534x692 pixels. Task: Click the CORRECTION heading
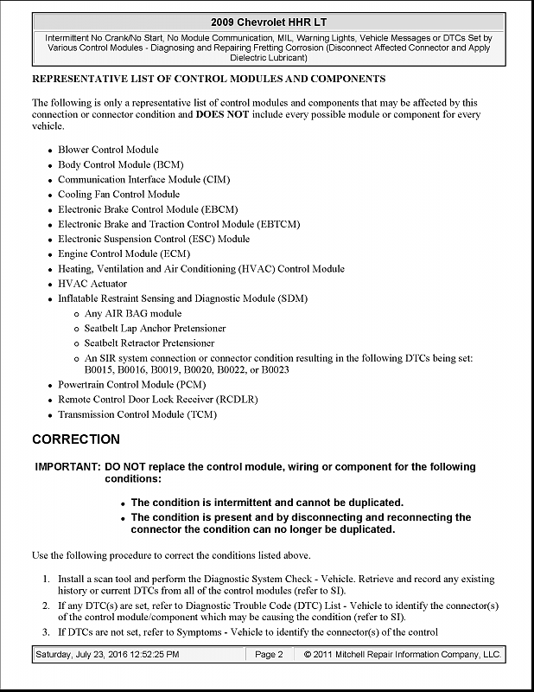(76, 439)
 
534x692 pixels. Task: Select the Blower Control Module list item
(108, 150)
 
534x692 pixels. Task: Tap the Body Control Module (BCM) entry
(120, 164)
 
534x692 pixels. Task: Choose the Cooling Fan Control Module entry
(118, 194)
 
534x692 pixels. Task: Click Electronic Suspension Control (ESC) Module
(154, 239)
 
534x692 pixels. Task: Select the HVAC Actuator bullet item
(92, 283)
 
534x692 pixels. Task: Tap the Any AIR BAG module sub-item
(132, 313)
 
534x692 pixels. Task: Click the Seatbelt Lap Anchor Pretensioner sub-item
(155, 328)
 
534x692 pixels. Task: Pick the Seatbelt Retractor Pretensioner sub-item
(149, 343)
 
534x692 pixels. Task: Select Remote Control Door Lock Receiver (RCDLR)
(157, 399)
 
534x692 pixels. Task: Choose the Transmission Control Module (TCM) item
(137, 414)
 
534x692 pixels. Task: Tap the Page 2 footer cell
(269, 655)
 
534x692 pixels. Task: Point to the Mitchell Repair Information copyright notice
(402, 655)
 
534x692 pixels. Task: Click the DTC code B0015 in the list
(100, 369)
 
